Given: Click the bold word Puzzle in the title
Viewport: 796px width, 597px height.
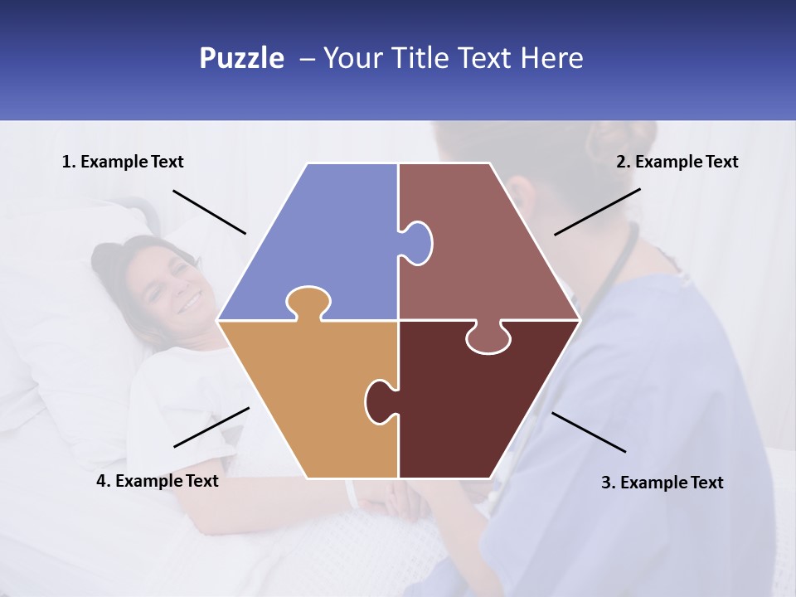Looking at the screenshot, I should (x=241, y=58).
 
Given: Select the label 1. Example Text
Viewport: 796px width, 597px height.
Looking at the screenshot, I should (x=123, y=162).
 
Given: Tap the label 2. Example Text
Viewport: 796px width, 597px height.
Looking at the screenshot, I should (x=677, y=162).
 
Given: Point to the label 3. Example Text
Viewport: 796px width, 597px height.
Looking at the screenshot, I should (x=662, y=483).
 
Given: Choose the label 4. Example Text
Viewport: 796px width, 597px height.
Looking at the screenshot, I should (x=158, y=481).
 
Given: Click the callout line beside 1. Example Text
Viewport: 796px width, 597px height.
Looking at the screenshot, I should (x=209, y=211).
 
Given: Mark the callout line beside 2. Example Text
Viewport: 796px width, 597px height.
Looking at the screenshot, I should (x=597, y=211).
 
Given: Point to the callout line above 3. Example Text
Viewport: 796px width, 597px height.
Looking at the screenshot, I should (x=589, y=432).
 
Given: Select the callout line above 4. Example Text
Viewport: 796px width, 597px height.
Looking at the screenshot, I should (x=211, y=427).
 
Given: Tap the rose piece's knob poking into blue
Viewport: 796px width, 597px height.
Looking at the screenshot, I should (x=417, y=242).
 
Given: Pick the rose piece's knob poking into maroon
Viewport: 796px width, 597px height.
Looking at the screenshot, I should (x=488, y=339).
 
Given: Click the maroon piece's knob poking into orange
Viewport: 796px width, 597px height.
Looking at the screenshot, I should (x=379, y=400).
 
